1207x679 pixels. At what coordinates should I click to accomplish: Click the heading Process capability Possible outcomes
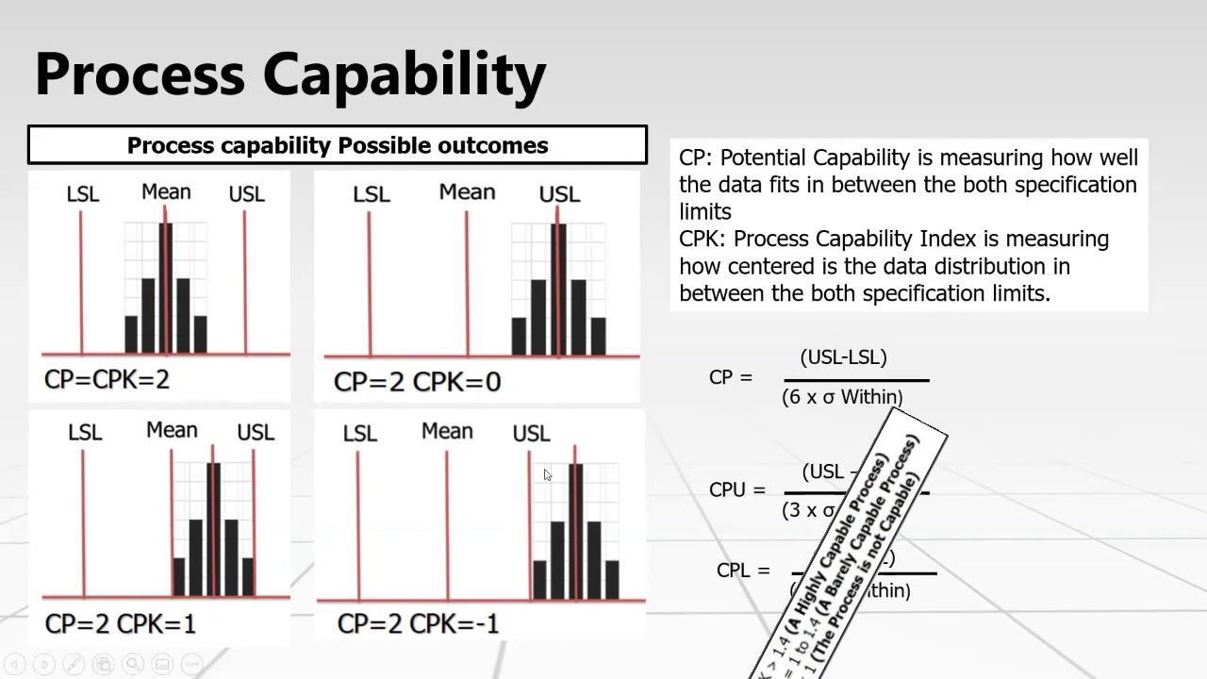(x=337, y=145)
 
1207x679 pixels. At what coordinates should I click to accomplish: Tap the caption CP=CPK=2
(x=107, y=379)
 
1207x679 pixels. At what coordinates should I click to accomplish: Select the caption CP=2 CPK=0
(x=417, y=382)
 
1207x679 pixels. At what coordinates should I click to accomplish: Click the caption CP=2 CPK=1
(x=120, y=623)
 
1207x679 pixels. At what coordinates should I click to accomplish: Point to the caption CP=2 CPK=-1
(x=418, y=623)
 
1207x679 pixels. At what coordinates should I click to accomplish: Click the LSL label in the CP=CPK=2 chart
(x=83, y=194)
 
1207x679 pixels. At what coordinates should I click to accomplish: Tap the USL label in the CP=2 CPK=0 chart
(x=559, y=194)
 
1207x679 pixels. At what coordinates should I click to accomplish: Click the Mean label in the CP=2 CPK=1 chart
(x=172, y=430)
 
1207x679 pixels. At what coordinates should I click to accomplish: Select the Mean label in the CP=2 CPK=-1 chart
(x=447, y=431)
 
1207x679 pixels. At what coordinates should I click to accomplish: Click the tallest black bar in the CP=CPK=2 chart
(x=165, y=288)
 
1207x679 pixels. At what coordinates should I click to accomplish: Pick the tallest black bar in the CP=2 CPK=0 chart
(x=557, y=289)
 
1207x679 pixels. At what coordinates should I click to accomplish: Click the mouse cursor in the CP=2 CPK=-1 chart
(x=547, y=474)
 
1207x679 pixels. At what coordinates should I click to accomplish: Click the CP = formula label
(x=731, y=377)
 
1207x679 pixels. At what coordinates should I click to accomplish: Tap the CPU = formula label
(x=736, y=490)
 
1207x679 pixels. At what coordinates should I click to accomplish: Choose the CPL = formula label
(x=743, y=571)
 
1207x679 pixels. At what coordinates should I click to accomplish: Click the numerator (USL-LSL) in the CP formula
(x=843, y=357)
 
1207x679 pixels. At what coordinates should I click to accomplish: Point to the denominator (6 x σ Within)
(x=842, y=397)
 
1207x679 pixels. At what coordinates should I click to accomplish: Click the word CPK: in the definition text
(x=703, y=239)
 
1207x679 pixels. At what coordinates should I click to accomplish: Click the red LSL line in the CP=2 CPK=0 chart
(x=369, y=283)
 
